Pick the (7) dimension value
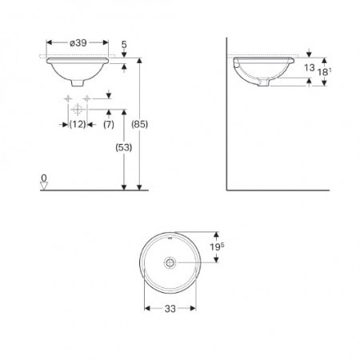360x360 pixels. point(108,124)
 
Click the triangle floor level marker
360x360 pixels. point(45,186)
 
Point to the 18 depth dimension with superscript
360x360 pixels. point(323,72)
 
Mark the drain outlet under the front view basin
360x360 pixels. point(78,84)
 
